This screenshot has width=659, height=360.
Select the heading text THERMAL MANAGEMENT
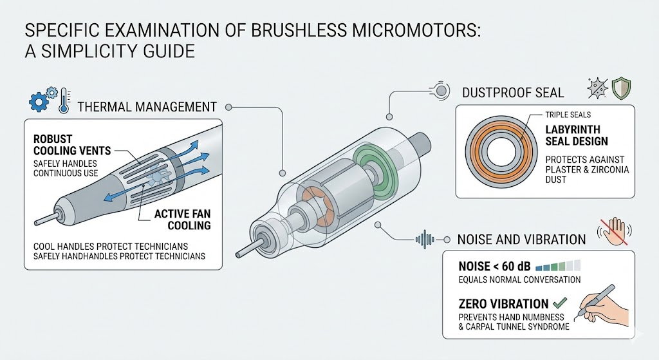tap(146, 106)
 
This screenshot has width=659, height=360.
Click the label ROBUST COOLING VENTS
tap(71, 145)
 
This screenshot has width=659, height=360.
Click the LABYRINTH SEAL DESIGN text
tap(576, 135)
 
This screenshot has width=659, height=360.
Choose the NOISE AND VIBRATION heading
tap(521, 240)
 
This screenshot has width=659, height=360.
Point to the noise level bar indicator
tap(558, 265)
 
